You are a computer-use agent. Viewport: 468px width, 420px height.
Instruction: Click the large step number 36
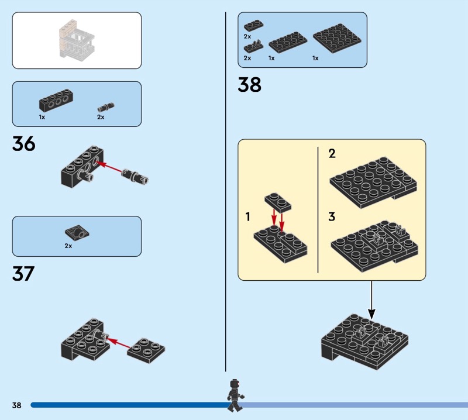pyautogui.click(x=23, y=144)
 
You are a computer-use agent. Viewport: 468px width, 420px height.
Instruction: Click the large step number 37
pyautogui.click(x=23, y=274)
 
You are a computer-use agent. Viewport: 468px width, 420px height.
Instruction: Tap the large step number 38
pyautogui.click(x=249, y=85)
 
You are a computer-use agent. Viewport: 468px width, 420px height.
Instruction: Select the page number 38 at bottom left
pyautogui.click(x=16, y=405)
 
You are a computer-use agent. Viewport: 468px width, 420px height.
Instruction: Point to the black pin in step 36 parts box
pyautogui.click(x=106, y=107)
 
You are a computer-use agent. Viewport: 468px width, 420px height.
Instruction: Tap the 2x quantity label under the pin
pyautogui.click(x=101, y=117)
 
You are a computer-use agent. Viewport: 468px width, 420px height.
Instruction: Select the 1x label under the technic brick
pyautogui.click(x=42, y=117)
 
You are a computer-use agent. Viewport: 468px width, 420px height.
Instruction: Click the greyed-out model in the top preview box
pyautogui.click(x=76, y=41)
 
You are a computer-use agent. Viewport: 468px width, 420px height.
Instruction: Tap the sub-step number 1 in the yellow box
pyautogui.click(x=248, y=217)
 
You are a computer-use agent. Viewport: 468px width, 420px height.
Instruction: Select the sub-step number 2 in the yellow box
pyautogui.click(x=332, y=154)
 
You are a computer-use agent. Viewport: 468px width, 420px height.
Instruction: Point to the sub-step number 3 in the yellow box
pyautogui.click(x=332, y=217)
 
